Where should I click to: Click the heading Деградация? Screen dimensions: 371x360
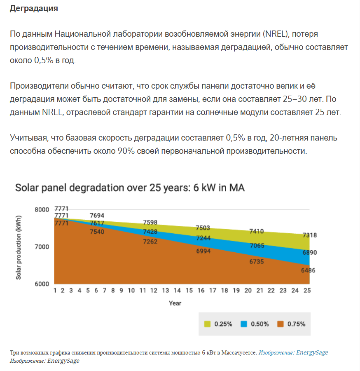(x=34, y=8)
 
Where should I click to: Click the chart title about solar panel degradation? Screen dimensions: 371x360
(x=130, y=188)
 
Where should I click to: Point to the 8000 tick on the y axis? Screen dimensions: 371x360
(x=41, y=209)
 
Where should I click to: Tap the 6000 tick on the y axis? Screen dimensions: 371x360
(x=41, y=284)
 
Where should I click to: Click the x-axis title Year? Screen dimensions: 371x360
(x=175, y=303)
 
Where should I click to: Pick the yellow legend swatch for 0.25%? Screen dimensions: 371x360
(x=208, y=324)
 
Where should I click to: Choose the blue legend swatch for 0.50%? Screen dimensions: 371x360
(x=244, y=324)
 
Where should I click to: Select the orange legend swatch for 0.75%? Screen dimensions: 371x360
(x=281, y=324)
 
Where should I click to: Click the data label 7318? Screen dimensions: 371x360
(x=309, y=235)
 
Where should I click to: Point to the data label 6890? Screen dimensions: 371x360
(x=309, y=253)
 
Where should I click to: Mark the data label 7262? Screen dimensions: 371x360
(x=150, y=242)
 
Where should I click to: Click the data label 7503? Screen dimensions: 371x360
(x=203, y=228)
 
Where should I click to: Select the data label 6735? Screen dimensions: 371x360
(x=257, y=261)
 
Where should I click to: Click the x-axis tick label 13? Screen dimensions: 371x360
(x=166, y=291)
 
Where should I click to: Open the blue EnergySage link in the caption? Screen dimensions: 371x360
(x=293, y=353)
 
